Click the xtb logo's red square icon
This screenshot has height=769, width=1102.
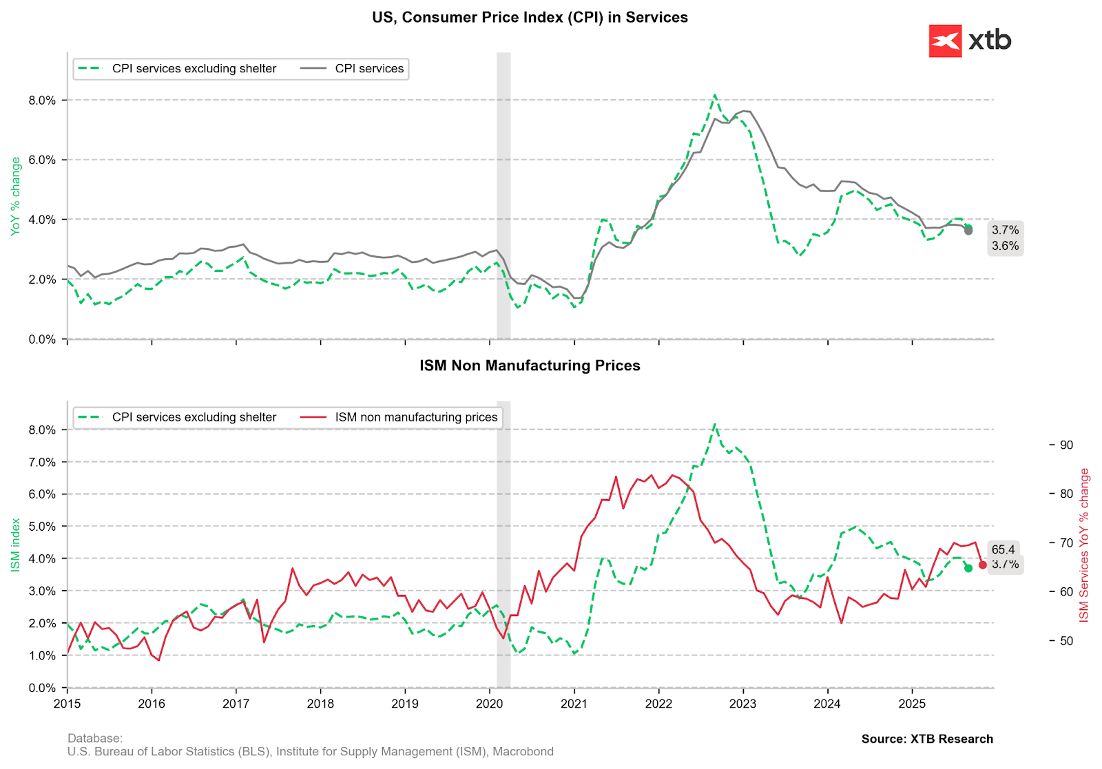click(945, 41)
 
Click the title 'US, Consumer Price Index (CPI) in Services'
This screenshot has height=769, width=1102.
click(530, 17)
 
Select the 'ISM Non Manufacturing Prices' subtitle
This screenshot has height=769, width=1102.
click(530, 366)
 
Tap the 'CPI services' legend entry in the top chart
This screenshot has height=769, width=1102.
click(369, 69)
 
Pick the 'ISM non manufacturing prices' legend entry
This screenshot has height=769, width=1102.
click(416, 417)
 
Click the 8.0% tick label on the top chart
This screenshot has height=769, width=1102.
click(42, 101)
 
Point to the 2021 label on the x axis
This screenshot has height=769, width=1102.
click(574, 704)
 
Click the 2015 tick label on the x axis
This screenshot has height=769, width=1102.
click(67, 704)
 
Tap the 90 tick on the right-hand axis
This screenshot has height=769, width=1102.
click(1066, 445)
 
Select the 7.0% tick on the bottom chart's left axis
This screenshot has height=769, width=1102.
click(42, 462)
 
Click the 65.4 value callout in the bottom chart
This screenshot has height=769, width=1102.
click(1003, 549)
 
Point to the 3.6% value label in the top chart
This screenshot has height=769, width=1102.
click(1005, 246)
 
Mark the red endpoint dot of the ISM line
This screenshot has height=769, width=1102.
click(983, 565)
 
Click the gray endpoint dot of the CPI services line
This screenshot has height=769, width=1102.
click(968, 231)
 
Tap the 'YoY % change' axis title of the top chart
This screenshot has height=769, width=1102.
click(16, 197)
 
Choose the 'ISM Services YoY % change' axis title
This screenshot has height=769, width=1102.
click(1084, 545)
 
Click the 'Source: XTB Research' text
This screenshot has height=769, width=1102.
click(927, 739)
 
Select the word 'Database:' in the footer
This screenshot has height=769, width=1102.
click(95, 739)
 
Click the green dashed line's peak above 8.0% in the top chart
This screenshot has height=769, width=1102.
click(715, 95)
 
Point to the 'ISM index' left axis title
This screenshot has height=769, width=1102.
click(16, 545)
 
